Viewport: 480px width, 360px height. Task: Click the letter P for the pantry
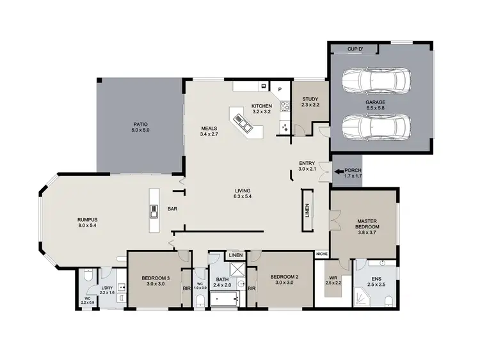point(280,89)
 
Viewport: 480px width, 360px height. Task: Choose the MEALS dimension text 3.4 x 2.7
point(209,135)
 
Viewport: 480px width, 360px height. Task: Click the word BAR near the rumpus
point(172,209)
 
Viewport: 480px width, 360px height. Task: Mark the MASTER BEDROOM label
point(367,224)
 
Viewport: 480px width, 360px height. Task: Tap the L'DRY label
point(107,288)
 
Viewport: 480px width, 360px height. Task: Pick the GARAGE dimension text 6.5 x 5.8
point(376,109)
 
